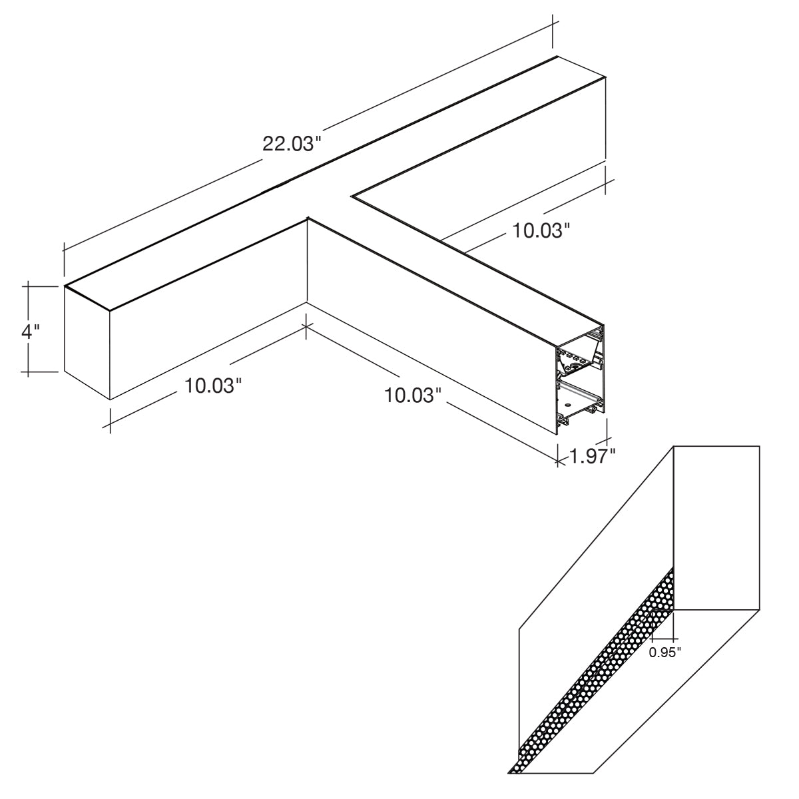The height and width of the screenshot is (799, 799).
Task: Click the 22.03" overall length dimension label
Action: point(292,144)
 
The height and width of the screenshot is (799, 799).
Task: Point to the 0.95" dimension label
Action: point(665,653)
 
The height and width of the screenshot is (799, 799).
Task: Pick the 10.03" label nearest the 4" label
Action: point(212,386)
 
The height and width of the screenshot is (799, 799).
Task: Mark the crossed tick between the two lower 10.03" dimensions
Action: point(306,326)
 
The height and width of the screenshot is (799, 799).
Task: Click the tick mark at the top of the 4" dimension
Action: point(28,286)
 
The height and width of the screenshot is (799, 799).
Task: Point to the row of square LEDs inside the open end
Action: point(575,356)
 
